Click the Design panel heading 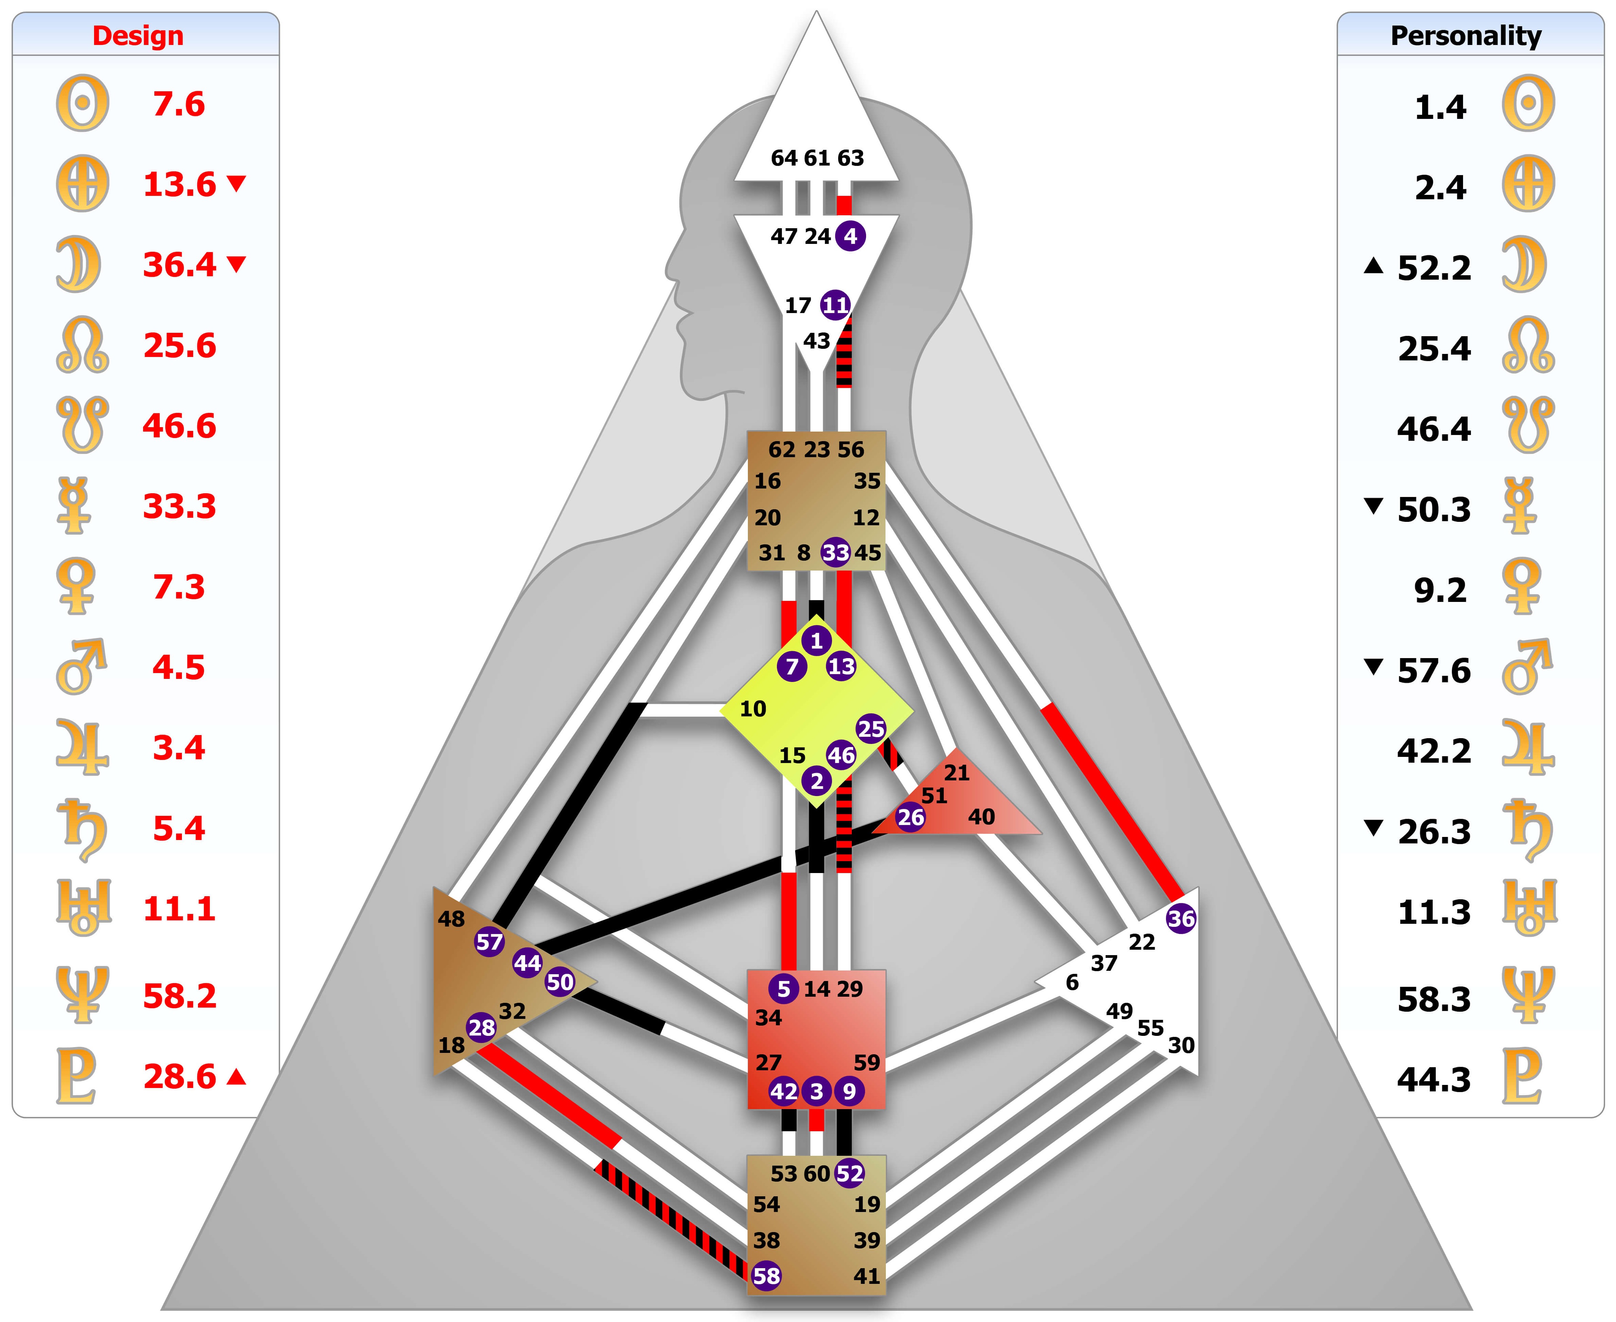pos(138,36)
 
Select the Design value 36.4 pos(180,265)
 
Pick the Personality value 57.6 pos(1434,671)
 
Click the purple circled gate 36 pos(1181,918)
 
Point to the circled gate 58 pos(766,1276)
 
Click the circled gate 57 pos(489,942)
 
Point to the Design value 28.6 pos(180,1077)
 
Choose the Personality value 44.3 pos(1434,1080)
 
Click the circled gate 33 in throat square pos(835,553)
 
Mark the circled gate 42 pos(784,1091)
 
